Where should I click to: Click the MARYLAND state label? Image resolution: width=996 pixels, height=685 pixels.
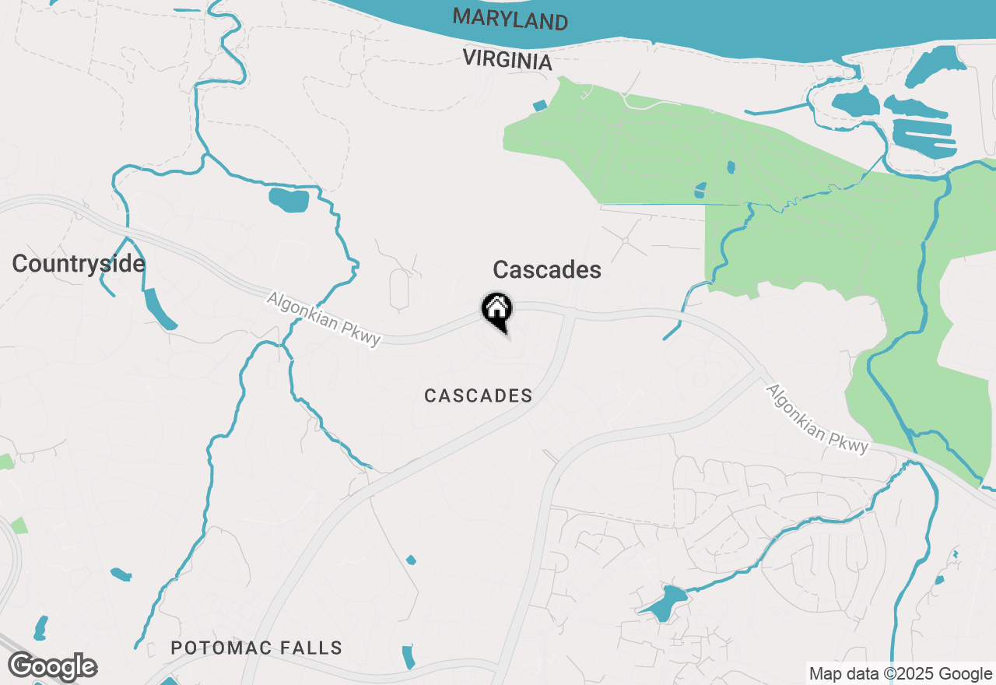(510, 19)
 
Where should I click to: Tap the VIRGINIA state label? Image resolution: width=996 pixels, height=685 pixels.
(507, 60)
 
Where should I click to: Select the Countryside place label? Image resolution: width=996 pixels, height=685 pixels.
(79, 264)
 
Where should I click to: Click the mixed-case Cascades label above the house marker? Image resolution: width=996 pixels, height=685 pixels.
(547, 270)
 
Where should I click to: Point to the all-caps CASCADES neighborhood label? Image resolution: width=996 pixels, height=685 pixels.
(479, 396)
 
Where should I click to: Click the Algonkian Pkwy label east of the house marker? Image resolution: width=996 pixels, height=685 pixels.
(817, 418)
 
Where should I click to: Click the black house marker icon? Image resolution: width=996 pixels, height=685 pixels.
(496, 308)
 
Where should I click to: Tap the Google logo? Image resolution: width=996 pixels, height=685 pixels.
(52, 667)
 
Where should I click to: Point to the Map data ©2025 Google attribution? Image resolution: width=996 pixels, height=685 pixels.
(900, 674)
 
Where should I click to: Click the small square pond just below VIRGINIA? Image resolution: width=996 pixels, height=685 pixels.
(540, 105)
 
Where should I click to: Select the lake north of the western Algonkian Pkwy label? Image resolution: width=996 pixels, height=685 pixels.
(289, 200)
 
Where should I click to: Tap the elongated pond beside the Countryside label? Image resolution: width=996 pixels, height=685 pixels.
(160, 308)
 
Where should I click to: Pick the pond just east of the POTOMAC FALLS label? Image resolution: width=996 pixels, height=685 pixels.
(408, 656)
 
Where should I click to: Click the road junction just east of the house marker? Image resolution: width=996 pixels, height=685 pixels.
(573, 314)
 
